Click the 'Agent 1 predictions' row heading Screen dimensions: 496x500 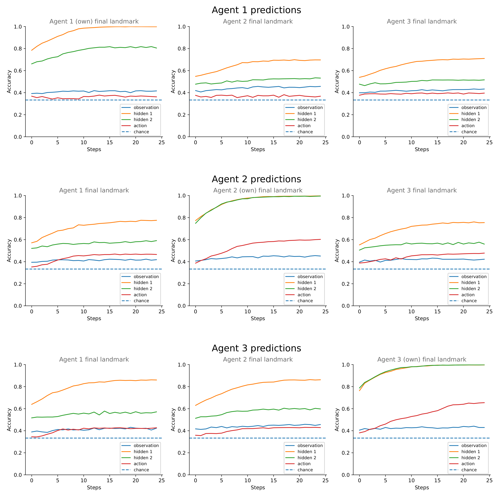(x=256, y=10)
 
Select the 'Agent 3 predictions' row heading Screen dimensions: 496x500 (x=256, y=348)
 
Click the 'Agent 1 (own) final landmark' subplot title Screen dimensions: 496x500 (x=94, y=21)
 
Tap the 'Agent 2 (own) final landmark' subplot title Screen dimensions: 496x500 (x=258, y=190)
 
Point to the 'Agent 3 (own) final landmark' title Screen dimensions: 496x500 (x=422, y=359)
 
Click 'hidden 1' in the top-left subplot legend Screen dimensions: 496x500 (x=143, y=114)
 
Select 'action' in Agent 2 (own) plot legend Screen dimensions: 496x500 (x=304, y=295)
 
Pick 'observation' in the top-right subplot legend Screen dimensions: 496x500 (x=474, y=107)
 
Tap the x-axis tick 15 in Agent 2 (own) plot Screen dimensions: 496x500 (x=273, y=312)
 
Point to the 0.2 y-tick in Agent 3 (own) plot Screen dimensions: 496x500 (x=346, y=453)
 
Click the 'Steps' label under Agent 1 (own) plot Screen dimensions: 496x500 (x=94, y=149)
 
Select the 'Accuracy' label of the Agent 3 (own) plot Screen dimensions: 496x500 (x=337, y=419)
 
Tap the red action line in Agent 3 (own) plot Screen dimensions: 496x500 (x=437, y=411)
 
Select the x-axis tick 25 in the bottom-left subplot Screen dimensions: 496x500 (x=161, y=480)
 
